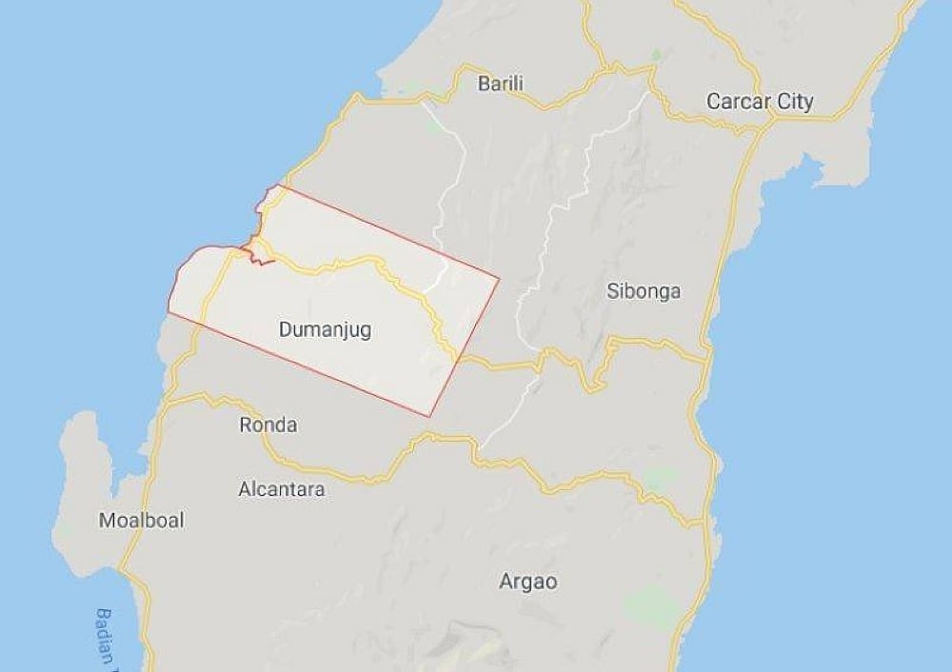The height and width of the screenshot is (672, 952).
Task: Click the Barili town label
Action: pyautogui.click(x=500, y=83)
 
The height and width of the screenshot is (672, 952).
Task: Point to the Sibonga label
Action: pyautogui.click(x=644, y=291)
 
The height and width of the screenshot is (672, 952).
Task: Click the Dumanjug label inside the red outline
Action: pyautogui.click(x=325, y=330)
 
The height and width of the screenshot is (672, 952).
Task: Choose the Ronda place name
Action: pyautogui.click(x=268, y=425)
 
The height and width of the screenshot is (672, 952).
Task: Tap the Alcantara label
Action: pyautogui.click(x=281, y=490)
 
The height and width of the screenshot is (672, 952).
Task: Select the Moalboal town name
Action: pyautogui.click(x=142, y=521)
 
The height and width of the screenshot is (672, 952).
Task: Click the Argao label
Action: pyautogui.click(x=528, y=582)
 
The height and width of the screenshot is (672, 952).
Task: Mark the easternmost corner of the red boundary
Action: pyautogui.click(x=499, y=279)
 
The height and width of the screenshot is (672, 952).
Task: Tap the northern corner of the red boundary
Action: pyautogui.click(x=276, y=186)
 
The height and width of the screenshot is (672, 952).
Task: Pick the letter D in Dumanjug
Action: pyautogui.click(x=286, y=330)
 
